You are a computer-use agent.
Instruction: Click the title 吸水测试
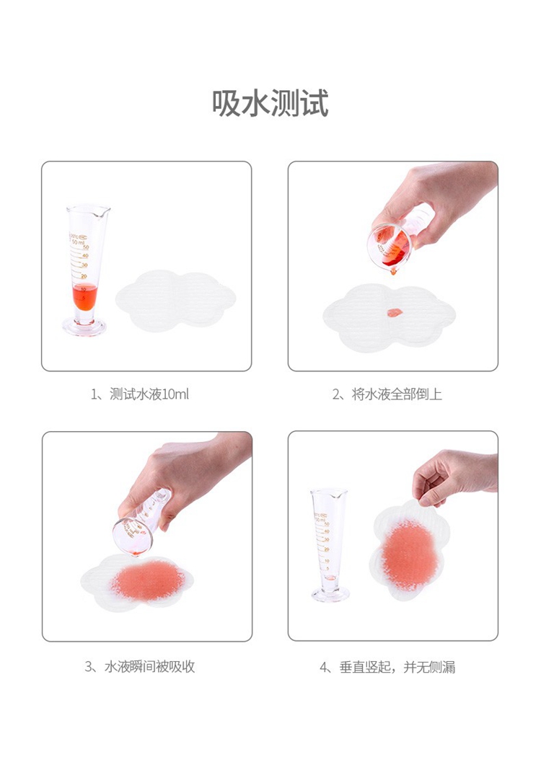tap(270, 103)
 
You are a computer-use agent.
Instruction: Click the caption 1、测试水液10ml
tap(140, 394)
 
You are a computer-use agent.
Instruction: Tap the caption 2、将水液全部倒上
tap(387, 394)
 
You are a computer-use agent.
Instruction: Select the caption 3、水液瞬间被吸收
tap(140, 667)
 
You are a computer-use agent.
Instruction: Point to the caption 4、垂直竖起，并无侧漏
tap(387, 667)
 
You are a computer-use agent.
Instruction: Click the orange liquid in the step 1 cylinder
tap(84, 296)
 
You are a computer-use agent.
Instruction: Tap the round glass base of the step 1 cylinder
tap(84, 327)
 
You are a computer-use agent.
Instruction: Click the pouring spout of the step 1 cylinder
tap(105, 211)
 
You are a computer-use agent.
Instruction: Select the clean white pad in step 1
tap(175, 300)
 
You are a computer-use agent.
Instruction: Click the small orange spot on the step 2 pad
tap(394, 313)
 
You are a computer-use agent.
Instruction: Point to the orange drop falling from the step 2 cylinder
tap(393, 272)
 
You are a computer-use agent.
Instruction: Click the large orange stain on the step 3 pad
tap(148, 580)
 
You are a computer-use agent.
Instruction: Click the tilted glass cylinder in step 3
tap(140, 522)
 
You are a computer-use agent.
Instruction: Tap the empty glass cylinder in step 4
tap(329, 545)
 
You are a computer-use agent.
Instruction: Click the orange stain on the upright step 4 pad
tap(409, 554)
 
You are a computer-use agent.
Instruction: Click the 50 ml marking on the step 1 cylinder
tap(78, 242)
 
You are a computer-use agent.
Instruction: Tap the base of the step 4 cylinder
tap(330, 594)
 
